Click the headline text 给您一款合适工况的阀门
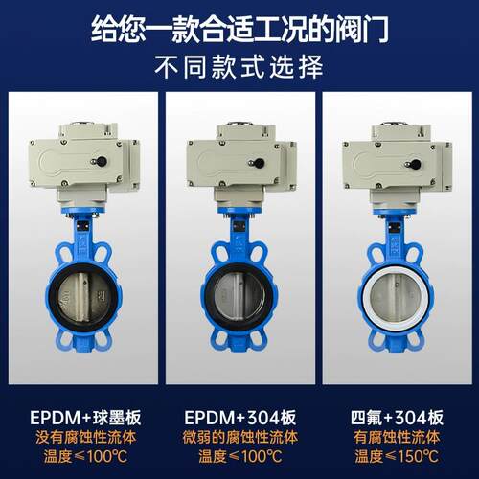[239, 30]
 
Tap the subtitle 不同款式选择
[239, 66]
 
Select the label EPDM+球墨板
[85, 418]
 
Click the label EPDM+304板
[240, 418]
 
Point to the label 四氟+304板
[397, 418]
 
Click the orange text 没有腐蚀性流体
[86, 437]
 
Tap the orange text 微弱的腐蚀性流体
[240, 437]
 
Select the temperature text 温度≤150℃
[397, 456]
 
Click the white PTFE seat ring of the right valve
[366, 297]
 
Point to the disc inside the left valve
[83, 297]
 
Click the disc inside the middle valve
[239, 297]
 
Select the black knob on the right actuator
[416, 164]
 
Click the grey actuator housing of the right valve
[397, 166]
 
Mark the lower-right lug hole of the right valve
[414, 338]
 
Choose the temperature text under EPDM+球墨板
[86, 456]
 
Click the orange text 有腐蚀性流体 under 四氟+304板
[397, 437]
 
